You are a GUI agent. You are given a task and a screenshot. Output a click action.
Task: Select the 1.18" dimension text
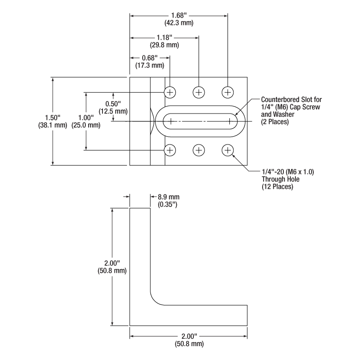tap(165, 38)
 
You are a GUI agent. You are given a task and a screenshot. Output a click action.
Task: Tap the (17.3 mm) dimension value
tap(150, 66)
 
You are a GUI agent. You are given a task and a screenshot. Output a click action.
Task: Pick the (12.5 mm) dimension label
tap(113, 111)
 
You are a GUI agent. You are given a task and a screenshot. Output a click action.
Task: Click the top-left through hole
tap(170, 92)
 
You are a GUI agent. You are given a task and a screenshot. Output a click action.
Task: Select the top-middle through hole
tap(199, 92)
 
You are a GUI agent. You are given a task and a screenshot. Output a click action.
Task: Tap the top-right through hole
tap(228, 92)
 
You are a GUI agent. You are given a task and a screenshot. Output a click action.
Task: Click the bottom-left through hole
tap(170, 150)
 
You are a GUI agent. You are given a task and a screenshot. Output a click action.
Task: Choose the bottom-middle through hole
tap(199, 150)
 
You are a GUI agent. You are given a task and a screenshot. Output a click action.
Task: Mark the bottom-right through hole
tap(228, 150)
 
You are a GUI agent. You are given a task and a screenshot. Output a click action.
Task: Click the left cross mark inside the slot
tap(171, 121)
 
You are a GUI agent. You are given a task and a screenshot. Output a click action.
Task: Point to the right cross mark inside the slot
tap(229, 121)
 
